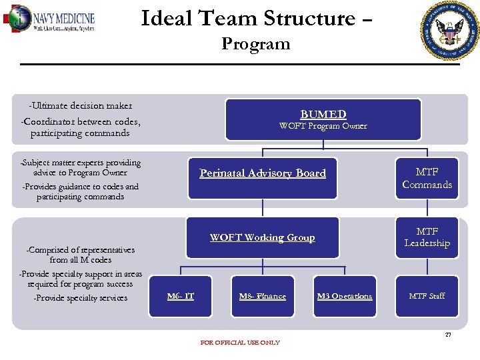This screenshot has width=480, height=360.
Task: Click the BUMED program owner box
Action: tap(323, 119)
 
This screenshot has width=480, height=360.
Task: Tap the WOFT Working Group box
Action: tap(263, 237)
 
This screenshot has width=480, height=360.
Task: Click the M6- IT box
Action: tap(181, 296)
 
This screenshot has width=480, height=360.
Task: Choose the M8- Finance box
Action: tap(263, 296)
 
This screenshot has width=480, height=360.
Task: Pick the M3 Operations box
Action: tap(345, 296)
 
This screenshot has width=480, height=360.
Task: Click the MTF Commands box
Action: tap(427, 178)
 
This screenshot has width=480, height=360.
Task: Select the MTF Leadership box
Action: tap(427, 237)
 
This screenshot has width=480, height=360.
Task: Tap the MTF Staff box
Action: tap(427, 296)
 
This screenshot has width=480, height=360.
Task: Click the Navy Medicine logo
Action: tap(49, 19)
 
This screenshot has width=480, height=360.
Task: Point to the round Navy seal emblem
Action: tap(451, 31)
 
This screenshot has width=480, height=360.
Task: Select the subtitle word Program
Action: tap(256, 44)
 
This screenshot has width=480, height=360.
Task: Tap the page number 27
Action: tap(448, 335)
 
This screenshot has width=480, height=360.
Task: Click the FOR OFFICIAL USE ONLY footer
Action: tap(240, 343)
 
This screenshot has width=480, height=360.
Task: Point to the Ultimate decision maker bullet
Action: tap(80, 105)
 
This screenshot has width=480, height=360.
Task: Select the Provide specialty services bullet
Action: tap(80, 298)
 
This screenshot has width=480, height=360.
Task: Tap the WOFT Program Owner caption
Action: tap(323, 126)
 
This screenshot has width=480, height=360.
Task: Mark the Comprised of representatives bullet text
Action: tap(80, 255)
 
